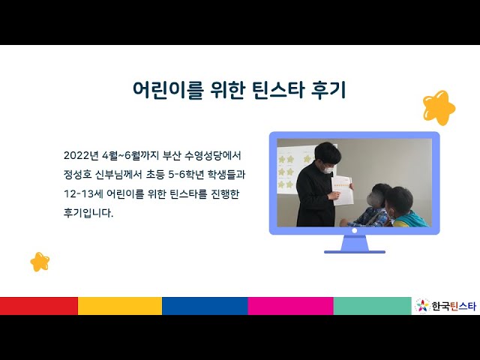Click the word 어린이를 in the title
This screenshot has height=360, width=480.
coord(167,89)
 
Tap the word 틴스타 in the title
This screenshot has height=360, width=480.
coord(278,89)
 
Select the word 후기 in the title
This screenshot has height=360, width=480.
coord(328,89)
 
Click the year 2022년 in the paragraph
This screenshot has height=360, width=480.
coord(81,155)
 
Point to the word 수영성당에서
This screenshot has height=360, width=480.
coord(213,155)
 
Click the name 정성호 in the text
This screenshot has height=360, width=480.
coord(78,175)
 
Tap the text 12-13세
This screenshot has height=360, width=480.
coord(83,193)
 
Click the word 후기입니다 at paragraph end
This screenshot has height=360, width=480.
coord(88,213)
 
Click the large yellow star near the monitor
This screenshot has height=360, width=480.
coord(439,107)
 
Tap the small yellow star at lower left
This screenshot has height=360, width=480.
coord(40,262)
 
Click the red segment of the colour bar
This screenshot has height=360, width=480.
coord(39,306)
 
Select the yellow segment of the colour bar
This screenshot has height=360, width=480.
coord(120,306)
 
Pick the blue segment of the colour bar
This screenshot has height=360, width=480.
coord(205,306)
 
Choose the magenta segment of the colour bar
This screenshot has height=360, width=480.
coord(290,306)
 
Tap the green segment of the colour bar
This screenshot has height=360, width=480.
coord(372,306)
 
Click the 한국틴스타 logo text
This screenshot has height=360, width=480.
coord(454,306)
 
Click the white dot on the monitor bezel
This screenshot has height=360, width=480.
coord(355,231)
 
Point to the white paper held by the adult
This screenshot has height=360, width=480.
coord(342,190)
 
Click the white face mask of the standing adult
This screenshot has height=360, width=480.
coord(328,168)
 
